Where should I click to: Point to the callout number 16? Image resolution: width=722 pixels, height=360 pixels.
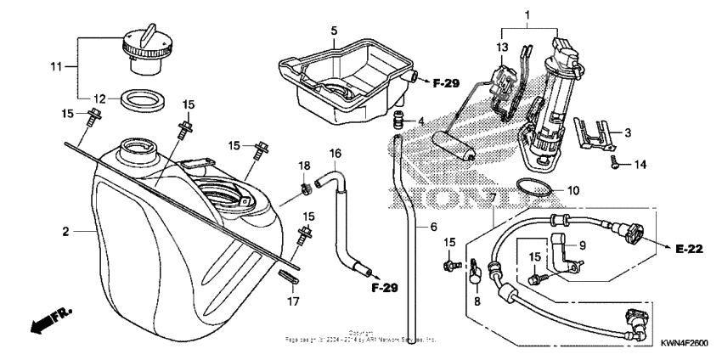coord(336,154)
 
